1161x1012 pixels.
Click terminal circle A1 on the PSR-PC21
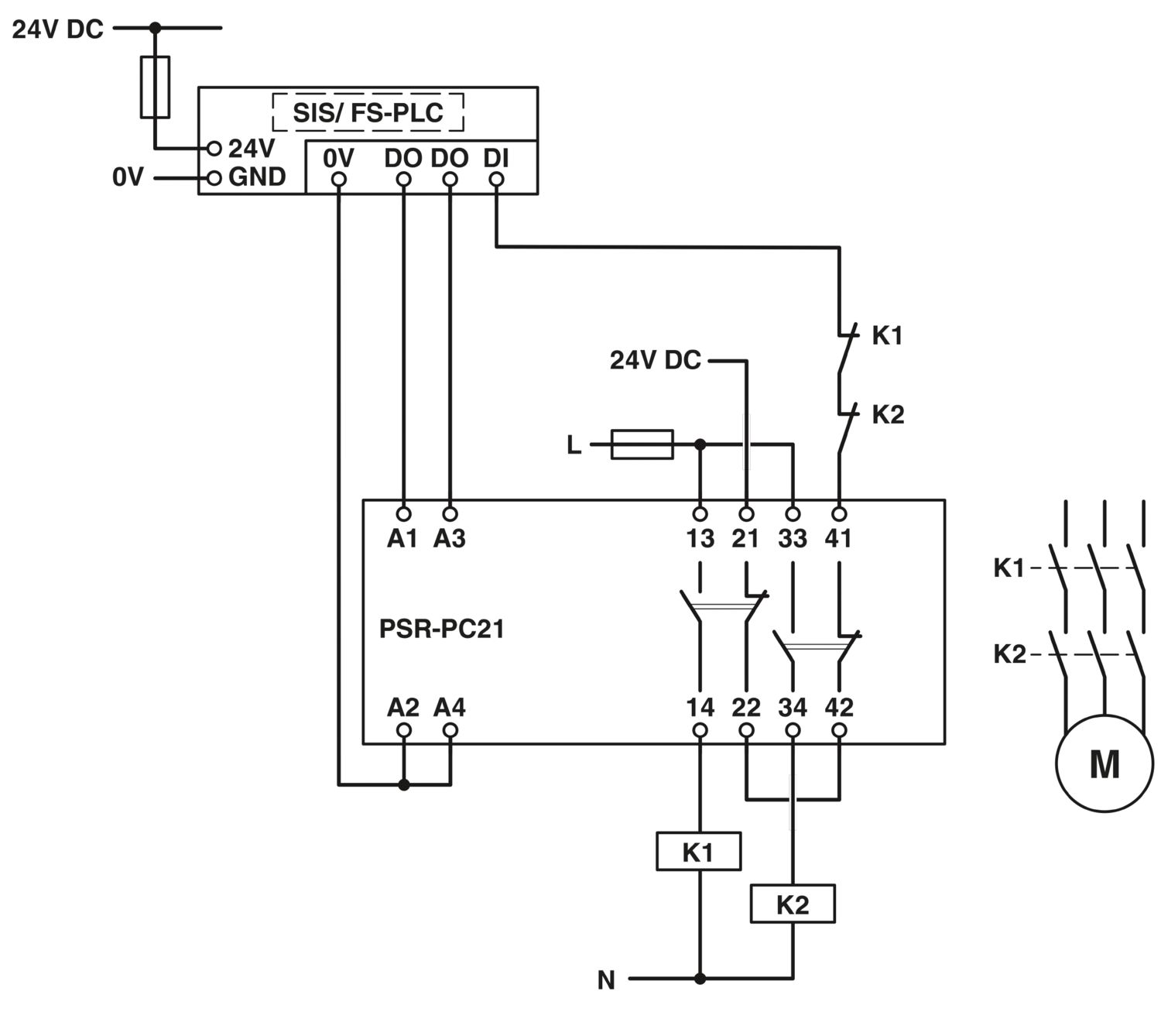click(x=403, y=514)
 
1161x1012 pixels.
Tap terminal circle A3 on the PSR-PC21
click(x=450, y=514)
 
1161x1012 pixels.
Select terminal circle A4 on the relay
click(x=450, y=730)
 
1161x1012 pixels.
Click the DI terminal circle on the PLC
click(x=496, y=180)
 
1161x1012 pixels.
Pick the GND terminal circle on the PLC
click(x=214, y=178)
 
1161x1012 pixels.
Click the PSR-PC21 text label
click(x=441, y=629)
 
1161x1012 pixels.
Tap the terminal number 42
click(x=839, y=707)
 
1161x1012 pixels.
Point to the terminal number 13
click(x=700, y=538)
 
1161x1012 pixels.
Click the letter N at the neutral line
click(x=606, y=980)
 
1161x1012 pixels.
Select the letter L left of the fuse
click(x=574, y=445)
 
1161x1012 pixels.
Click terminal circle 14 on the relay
click(x=700, y=730)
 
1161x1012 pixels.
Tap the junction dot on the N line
click(x=700, y=979)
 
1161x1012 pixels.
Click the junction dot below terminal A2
click(x=403, y=785)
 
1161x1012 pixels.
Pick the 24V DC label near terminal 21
click(x=656, y=360)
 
